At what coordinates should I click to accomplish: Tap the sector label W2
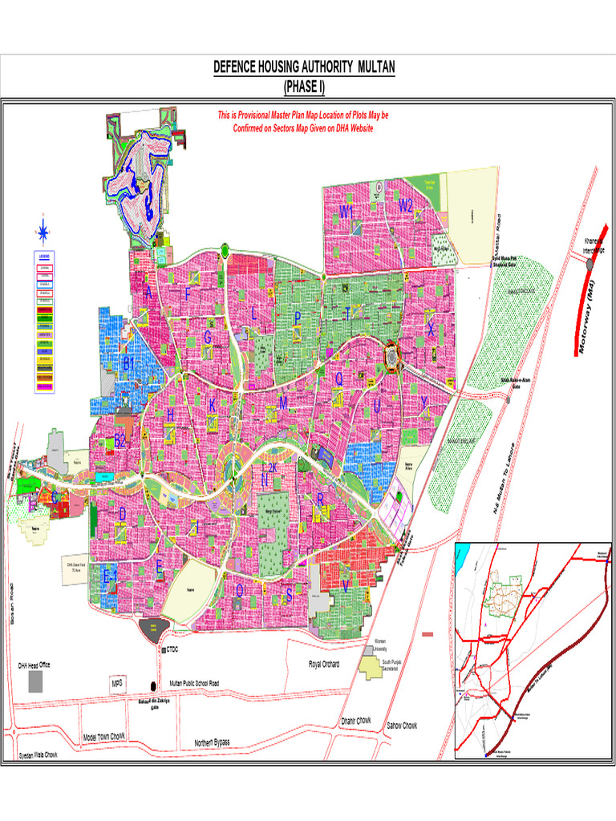click(x=407, y=206)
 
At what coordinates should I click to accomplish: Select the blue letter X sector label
click(x=431, y=330)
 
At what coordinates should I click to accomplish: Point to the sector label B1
click(x=128, y=363)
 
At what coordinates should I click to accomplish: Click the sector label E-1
click(x=111, y=576)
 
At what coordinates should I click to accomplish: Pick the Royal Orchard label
click(x=324, y=665)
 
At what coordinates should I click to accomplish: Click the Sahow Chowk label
click(x=402, y=726)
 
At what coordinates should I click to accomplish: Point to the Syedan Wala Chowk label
click(x=38, y=755)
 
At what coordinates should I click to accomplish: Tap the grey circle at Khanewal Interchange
click(x=591, y=265)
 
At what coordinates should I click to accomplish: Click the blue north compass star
click(x=43, y=233)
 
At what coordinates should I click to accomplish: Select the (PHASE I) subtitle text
click(x=304, y=87)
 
